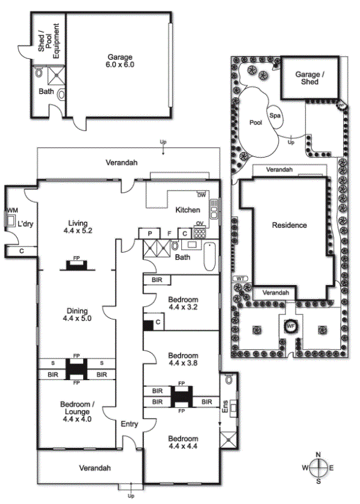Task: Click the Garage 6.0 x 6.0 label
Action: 120,61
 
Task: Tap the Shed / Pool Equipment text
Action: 49,41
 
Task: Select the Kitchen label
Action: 188,210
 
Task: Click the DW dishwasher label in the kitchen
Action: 202,195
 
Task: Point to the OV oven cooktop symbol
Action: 200,233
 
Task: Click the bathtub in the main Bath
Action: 209,256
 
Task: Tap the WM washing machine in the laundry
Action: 11,221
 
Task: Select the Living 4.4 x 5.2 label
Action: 78,227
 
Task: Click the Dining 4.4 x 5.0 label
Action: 77,315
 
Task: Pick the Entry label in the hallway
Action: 129,424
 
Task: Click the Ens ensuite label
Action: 225,407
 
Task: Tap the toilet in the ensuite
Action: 228,380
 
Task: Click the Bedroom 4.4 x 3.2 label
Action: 183,303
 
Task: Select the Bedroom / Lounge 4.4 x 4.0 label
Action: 77,411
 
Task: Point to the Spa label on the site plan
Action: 275,115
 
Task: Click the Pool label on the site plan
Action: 256,123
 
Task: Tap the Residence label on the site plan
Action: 289,225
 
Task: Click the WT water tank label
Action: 240,278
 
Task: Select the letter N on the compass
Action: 318,455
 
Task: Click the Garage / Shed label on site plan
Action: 310,78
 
